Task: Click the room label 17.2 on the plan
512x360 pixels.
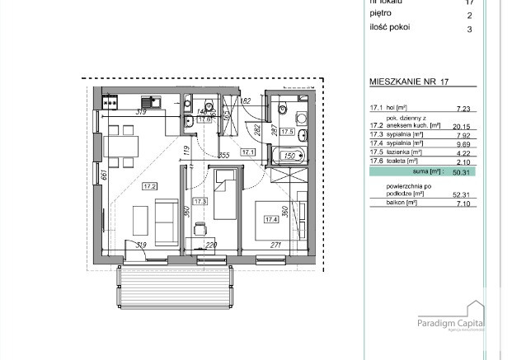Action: [149, 186]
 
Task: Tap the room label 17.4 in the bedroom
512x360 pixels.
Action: [270, 219]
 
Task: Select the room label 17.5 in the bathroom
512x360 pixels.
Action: [287, 132]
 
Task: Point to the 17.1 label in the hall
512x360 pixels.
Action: [247, 152]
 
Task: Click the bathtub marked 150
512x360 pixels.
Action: [290, 155]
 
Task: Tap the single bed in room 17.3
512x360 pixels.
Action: [223, 194]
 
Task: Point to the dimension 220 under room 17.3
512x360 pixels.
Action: [210, 245]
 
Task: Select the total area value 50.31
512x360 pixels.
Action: [462, 173]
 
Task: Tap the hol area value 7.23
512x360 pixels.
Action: [463, 108]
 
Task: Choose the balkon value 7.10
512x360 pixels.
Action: [463, 203]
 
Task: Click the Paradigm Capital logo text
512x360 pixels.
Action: [450, 324]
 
